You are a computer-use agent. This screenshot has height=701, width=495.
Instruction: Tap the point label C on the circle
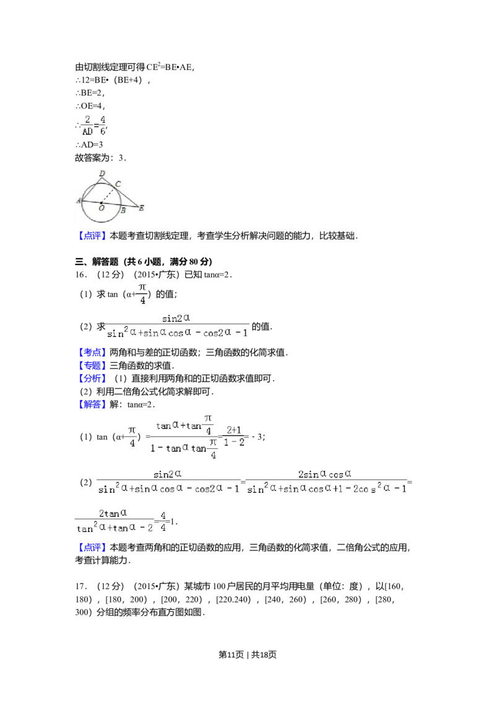117,184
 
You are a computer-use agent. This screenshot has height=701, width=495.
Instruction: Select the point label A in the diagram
79,201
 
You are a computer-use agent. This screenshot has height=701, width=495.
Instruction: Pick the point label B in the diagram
123,211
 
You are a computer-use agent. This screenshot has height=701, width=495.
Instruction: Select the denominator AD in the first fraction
87,131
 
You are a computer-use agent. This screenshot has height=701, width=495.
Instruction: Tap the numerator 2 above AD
88,118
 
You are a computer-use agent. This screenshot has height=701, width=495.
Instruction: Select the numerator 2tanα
113,513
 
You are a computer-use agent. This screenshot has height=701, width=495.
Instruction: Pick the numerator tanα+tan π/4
184,424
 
